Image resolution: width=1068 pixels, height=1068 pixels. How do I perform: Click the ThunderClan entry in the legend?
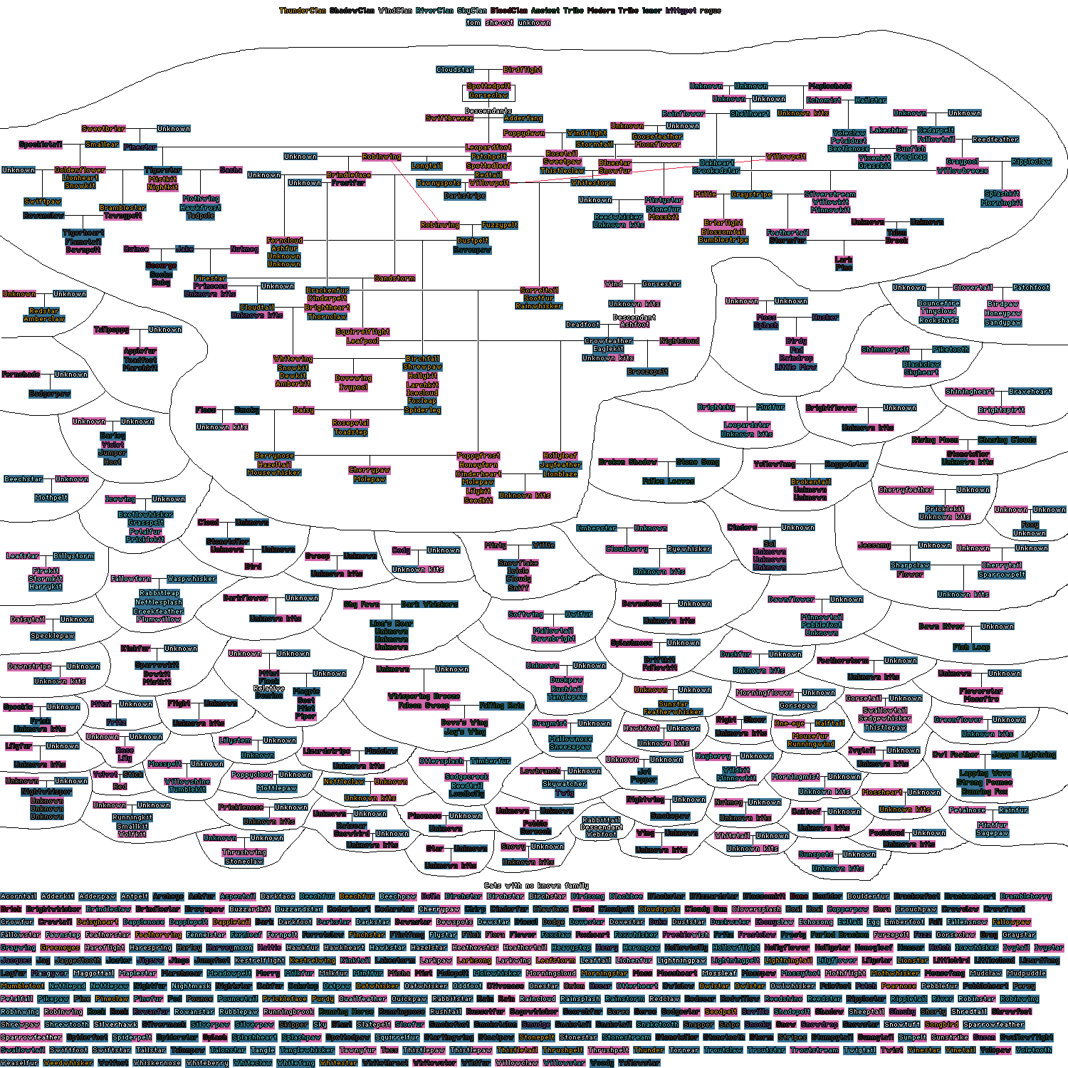(303, 11)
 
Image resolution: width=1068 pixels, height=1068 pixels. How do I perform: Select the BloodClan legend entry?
(509, 11)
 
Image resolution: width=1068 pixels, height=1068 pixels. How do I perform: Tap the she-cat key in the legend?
(499, 23)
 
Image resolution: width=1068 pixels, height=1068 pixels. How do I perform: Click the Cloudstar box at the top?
(455, 70)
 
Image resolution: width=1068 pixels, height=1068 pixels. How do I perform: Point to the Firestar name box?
(210, 278)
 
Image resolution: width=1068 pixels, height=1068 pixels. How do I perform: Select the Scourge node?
(161, 266)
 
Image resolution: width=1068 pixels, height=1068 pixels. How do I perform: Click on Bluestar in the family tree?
(615, 163)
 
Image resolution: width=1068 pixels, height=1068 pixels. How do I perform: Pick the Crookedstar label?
(716, 171)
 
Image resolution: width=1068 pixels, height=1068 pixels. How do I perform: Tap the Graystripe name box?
(751, 194)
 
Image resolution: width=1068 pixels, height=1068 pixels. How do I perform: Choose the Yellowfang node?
(775, 464)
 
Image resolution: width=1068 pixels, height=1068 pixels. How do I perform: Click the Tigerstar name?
(163, 171)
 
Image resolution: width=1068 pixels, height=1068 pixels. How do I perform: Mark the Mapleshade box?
(830, 86)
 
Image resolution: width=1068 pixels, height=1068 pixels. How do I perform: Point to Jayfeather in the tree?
(560, 465)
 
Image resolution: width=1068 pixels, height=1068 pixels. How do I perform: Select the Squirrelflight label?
(362, 332)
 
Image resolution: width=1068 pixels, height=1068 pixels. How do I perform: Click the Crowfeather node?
(609, 341)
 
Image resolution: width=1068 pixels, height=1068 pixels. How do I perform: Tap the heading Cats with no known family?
(536, 886)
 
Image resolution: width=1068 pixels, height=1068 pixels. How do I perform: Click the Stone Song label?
(698, 462)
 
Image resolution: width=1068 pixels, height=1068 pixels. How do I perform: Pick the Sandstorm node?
(394, 278)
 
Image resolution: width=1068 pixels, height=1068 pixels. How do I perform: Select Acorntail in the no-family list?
(19, 896)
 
